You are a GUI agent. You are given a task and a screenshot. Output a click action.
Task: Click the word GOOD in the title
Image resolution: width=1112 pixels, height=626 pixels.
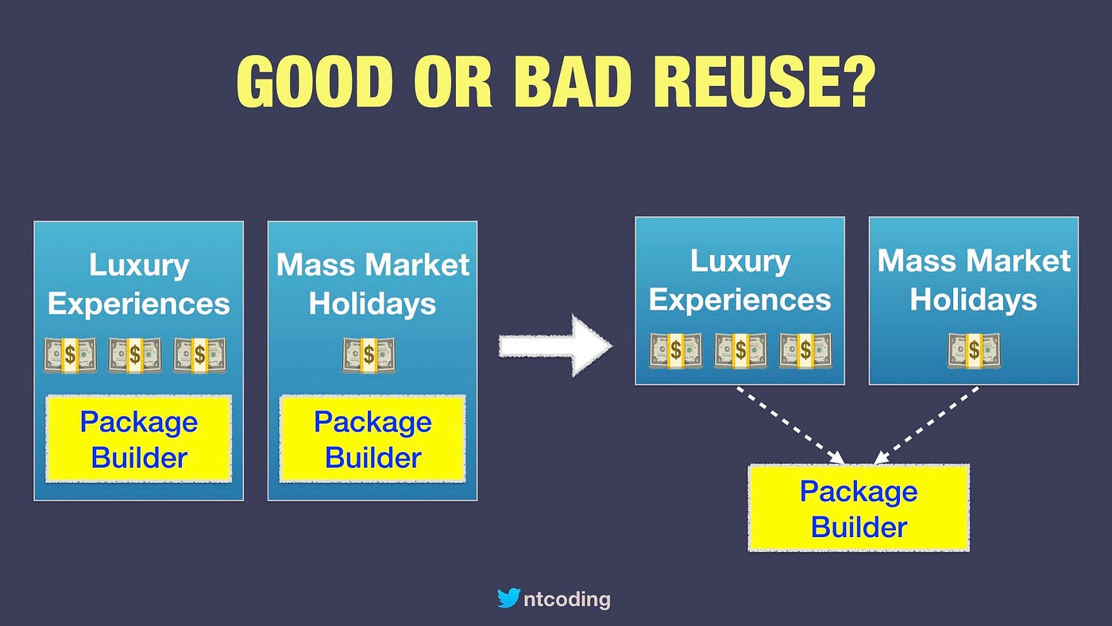[x=315, y=81]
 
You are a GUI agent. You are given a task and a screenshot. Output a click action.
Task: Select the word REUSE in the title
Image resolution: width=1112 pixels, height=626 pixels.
[x=747, y=81]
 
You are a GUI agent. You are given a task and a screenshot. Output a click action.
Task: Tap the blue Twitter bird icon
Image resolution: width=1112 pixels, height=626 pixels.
[x=509, y=598]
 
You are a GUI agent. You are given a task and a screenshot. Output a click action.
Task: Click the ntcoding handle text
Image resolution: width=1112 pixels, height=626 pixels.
[x=567, y=599]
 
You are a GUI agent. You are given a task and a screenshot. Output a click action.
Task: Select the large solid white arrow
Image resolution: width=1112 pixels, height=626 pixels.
[x=555, y=346]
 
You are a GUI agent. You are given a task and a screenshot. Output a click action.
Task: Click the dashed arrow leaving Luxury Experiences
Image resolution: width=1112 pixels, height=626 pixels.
[x=790, y=425]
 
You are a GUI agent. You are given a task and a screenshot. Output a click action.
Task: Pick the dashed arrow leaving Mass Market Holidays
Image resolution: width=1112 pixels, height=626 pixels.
[x=926, y=425]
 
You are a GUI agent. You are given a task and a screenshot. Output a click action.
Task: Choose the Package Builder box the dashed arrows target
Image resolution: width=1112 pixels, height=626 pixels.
[x=859, y=508]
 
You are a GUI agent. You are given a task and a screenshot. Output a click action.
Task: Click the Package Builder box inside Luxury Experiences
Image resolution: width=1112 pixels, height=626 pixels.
[x=138, y=439]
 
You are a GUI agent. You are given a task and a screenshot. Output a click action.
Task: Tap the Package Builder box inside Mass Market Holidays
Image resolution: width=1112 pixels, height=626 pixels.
[x=373, y=439]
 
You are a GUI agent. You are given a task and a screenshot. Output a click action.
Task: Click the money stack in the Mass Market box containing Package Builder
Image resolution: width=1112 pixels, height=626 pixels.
[x=369, y=355]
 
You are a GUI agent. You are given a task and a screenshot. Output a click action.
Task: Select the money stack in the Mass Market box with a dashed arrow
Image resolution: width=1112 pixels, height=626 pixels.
[x=974, y=350]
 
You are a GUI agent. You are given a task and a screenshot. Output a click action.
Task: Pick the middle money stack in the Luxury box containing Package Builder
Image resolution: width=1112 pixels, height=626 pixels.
[x=135, y=355]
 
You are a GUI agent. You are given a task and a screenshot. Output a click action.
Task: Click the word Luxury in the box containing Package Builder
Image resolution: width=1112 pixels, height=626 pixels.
[x=139, y=265]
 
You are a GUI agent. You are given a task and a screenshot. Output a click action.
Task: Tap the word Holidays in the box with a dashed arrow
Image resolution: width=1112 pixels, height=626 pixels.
[x=974, y=300]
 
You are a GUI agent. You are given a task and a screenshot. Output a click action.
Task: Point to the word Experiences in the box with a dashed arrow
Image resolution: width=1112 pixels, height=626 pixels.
[x=739, y=300]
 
